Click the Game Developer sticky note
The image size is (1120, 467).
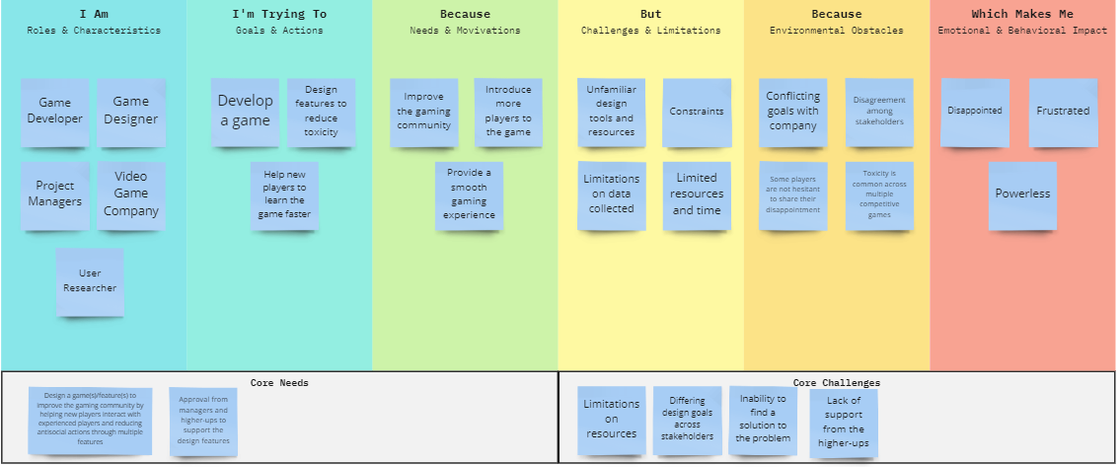pyautogui.click(x=55, y=111)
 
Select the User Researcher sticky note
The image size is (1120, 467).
pyautogui.click(x=91, y=280)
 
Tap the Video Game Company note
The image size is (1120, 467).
pyautogui.click(x=130, y=194)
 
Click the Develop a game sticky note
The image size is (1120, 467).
pyautogui.click(x=245, y=112)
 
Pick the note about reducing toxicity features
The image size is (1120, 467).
pyautogui.click(x=321, y=112)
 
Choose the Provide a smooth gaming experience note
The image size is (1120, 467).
pyautogui.click(x=469, y=195)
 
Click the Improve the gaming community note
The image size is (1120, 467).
pyautogui.click(x=423, y=112)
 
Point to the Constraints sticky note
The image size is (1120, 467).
pyautogui.click(x=697, y=112)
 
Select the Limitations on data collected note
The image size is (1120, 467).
pyautogui.click(x=612, y=195)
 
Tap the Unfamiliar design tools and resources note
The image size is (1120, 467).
pyautogui.click(x=611, y=112)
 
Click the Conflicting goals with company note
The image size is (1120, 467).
pyautogui.click(x=793, y=112)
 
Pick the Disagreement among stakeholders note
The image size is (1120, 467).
pyautogui.click(x=879, y=112)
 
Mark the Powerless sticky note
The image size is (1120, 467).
pyautogui.click(x=1022, y=195)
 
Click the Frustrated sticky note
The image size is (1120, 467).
pyautogui.click(x=1063, y=112)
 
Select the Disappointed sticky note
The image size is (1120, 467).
pyautogui.click(x=975, y=112)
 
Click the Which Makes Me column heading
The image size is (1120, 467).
pyautogui.click(x=1022, y=15)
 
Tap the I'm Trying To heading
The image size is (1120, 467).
pyautogui.click(x=279, y=15)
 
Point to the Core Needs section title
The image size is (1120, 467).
pyautogui.click(x=279, y=382)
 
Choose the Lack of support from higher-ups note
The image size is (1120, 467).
pyautogui.click(x=844, y=422)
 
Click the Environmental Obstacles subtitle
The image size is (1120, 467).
pyautogui.click(x=836, y=31)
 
